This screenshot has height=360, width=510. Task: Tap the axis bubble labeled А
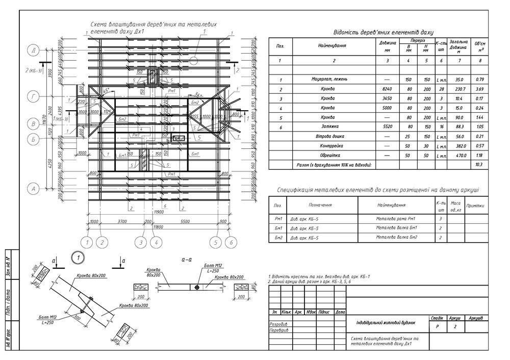coord(34,189)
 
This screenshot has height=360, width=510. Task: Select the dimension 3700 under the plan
coord(121,221)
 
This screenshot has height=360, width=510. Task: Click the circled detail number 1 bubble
coord(78,257)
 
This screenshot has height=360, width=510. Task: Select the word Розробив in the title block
coord(278,324)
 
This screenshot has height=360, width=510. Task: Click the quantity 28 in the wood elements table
coord(442,90)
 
